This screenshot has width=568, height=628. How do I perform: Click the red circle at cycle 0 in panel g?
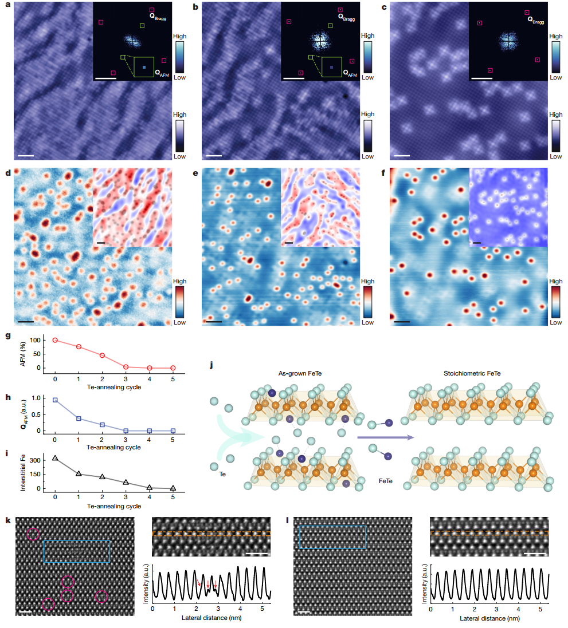tap(55, 340)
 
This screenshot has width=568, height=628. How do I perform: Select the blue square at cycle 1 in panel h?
tap(79, 418)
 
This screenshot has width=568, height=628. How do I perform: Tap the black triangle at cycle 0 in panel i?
tap(55, 458)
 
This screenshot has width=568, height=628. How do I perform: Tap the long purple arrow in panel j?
tap(386, 438)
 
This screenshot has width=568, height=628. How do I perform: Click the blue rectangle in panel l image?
tap(332, 537)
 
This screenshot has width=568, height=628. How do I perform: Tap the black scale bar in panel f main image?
tap(402, 322)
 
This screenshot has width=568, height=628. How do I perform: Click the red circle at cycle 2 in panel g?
tap(103, 356)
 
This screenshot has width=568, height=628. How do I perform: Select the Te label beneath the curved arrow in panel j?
tap(222, 474)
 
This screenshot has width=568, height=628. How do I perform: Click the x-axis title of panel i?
tap(114, 506)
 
